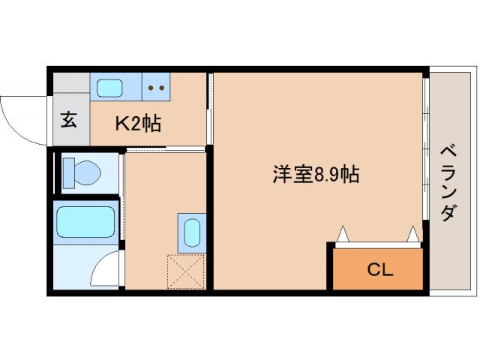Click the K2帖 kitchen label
(137, 123)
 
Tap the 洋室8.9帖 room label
(315, 175)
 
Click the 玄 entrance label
(68, 120)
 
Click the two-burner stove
(157, 87)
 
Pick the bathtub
(85, 222)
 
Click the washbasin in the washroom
(190, 231)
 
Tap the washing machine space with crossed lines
(186, 271)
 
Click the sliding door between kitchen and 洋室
(211, 109)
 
